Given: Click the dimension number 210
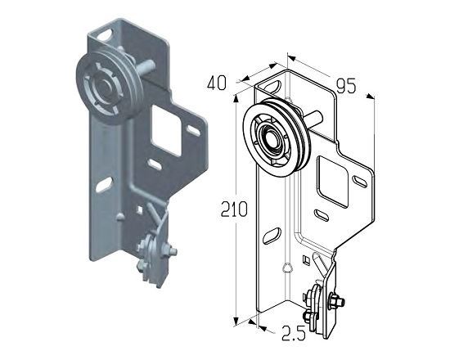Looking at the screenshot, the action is [x=234, y=209].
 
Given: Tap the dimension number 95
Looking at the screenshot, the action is [x=346, y=86].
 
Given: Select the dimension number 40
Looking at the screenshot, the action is [x=217, y=83].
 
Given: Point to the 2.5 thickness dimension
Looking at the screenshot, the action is [x=293, y=333].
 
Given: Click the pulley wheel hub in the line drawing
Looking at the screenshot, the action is [x=271, y=138].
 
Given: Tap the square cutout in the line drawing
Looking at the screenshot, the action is [x=333, y=182].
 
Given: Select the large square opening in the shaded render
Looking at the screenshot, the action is [x=166, y=130].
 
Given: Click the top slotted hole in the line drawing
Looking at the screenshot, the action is [x=271, y=87].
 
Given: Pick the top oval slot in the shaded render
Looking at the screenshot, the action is [x=105, y=34].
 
